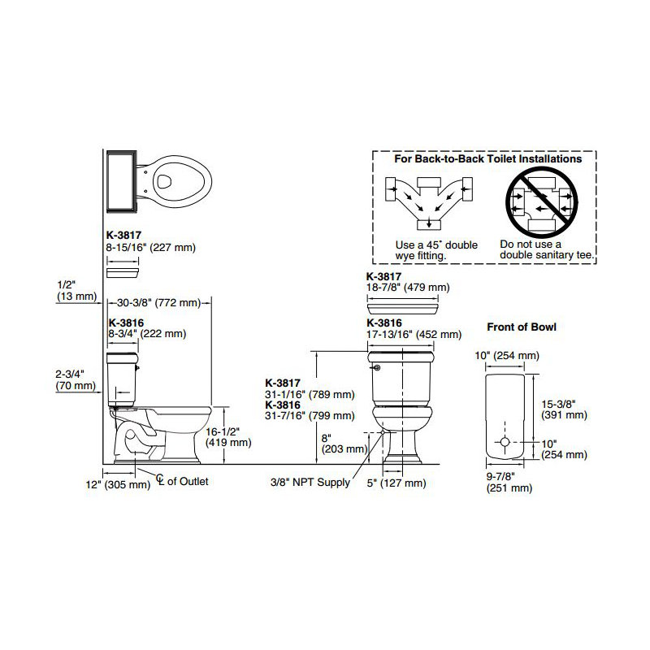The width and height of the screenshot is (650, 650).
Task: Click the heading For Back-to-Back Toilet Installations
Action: coord(487,158)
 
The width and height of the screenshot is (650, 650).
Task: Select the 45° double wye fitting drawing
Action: coord(429,203)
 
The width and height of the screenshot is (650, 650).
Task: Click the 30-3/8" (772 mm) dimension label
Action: coord(158,303)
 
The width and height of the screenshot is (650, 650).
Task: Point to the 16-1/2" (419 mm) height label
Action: coord(228,437)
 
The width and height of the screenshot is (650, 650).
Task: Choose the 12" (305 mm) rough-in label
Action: coord(118,484)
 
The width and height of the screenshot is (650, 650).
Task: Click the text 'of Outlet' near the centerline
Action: coord(188,481)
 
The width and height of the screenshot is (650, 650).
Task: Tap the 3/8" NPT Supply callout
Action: coord(310,482)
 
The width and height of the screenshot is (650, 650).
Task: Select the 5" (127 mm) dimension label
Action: coord(396,483)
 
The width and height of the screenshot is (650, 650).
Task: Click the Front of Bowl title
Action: coord(522,327)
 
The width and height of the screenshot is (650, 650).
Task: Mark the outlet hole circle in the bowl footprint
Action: coord(505,442)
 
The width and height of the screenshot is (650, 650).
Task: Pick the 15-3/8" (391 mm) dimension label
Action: coord(564,409)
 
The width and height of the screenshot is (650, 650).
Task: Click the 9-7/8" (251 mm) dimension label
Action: coord(509,483)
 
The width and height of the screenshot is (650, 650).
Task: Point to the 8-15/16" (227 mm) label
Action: coord(151,248)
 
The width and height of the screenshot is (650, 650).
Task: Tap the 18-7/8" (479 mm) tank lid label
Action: coord(408,288)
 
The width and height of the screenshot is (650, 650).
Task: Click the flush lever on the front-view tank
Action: coord(375,368)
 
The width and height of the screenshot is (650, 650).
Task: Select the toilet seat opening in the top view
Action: coord(165,181)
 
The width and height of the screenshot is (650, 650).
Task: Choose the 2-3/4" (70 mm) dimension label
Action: coord(76,379)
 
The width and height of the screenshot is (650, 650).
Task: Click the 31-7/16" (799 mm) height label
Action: coord(310,415)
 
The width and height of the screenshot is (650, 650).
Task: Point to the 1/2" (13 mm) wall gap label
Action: coord(76,291)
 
